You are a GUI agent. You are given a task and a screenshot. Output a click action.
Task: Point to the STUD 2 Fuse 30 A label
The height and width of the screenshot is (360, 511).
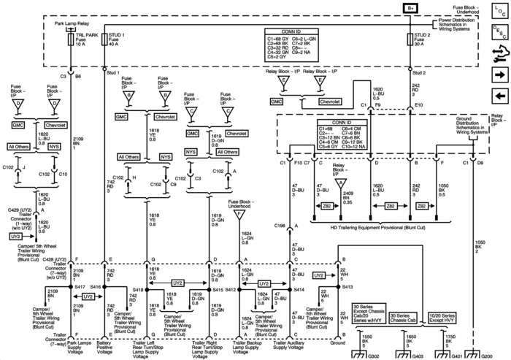[x=423, y=39]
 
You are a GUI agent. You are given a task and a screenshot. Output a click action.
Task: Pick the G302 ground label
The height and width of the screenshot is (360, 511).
[x=374, y=354]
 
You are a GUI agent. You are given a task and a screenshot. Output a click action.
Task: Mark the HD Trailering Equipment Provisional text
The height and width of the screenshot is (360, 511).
[x=366, y=226]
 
